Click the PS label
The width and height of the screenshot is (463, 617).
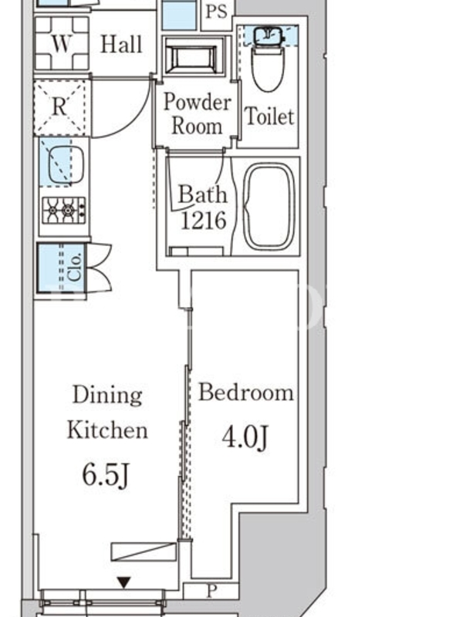216,12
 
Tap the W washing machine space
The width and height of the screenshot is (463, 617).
62,43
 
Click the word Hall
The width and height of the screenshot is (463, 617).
121,44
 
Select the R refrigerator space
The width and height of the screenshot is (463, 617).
60,107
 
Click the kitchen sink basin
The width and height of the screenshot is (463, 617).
66,162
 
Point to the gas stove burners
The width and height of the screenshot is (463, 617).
63,211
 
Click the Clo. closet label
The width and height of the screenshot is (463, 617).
75,267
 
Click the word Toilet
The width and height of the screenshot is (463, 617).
269,116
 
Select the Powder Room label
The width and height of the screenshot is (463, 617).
197,113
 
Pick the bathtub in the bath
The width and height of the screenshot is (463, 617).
269,207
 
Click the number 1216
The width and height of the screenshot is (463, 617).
203,221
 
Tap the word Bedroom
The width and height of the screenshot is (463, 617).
246,393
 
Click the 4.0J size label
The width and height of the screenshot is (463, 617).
245,437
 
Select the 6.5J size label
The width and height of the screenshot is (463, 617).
106,475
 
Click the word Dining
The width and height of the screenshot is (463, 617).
107,395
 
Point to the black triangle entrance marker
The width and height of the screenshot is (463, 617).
124,582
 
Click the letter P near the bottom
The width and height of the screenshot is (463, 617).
212,591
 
